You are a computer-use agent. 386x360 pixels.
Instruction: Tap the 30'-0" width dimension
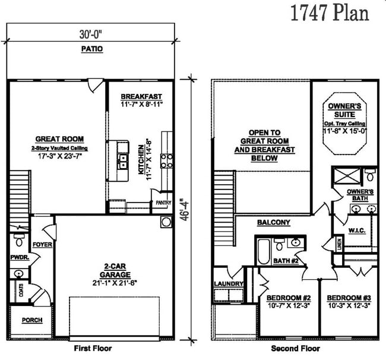[91, 34]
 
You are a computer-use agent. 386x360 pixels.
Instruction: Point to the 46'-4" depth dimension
[185, 210]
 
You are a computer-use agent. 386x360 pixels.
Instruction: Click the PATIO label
[92, 49]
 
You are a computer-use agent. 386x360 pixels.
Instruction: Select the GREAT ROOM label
[59, 139]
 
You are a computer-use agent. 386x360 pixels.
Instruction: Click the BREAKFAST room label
[141, 96]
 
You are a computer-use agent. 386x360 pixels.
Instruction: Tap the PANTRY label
[163, 203]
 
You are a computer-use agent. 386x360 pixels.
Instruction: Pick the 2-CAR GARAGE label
[115, 270]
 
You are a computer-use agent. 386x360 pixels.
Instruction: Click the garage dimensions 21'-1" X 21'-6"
[115, 283]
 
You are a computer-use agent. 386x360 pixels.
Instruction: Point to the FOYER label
[42, 245]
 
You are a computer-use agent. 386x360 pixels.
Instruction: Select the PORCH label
[32, 320]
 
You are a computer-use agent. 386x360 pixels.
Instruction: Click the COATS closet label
[21, 290]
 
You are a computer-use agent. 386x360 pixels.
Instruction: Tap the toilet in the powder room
[19, 240]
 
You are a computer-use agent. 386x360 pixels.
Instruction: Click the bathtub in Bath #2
[264, 252]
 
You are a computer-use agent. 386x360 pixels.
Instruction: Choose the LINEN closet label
[339, 244]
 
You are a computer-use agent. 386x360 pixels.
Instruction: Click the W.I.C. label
[357, 230]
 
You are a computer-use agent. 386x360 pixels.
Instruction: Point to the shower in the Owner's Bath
[347, 176]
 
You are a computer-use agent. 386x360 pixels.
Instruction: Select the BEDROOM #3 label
[349, 298]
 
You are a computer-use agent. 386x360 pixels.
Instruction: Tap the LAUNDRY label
[229, 284]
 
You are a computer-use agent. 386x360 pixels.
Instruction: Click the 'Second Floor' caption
[295, 349]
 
